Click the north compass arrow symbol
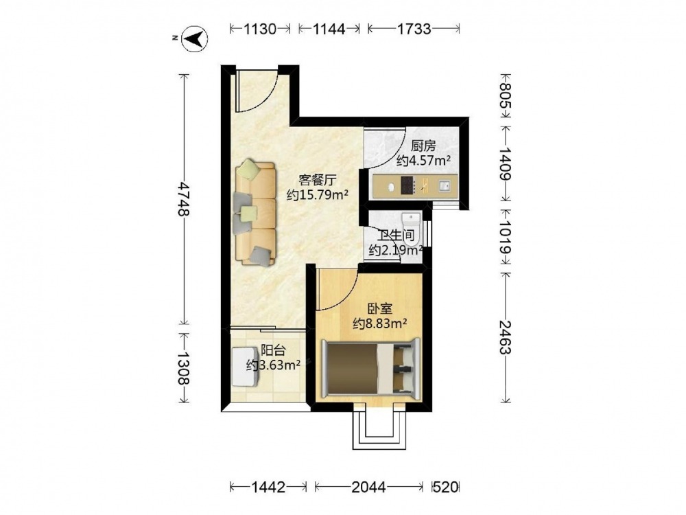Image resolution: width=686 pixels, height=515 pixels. tap(195, 39)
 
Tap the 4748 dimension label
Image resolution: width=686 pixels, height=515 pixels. tap(184, 199)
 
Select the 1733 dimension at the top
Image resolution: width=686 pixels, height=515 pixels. tap(414, 30)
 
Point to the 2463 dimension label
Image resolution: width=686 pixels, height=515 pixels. tap(506, 337)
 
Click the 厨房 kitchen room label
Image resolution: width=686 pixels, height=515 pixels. tap(423, 146)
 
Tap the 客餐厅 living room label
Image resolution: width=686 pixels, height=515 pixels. tap(317, 180)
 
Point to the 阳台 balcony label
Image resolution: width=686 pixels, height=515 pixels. tap(273, 350)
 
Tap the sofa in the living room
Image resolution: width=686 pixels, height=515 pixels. tap(255, 213)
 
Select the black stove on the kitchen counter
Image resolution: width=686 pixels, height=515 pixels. tap(407, 185)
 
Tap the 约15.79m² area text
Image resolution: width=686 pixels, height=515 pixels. tap(317, 194)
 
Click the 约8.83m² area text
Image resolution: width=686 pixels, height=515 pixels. tap(380, 323)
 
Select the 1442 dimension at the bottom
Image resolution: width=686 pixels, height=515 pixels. tap(268, 487)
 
